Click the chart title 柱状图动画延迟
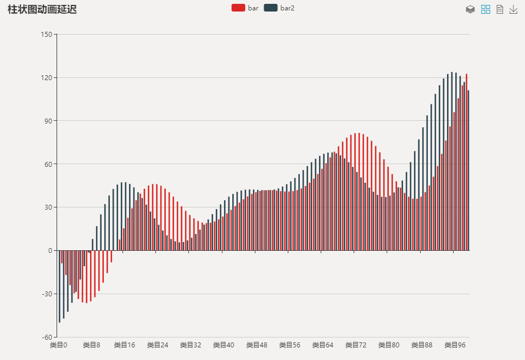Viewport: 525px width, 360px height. pos(42,9)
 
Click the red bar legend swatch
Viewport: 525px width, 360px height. pos(238,8)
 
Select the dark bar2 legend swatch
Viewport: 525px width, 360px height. pos(270,8)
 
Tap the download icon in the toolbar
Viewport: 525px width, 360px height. pos(513,9)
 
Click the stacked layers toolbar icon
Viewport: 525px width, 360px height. pos(470,9)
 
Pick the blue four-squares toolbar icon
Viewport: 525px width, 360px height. pos(485,9)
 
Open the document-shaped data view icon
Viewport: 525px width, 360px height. pos(500,9)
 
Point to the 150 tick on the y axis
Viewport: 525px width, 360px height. pos(47,35)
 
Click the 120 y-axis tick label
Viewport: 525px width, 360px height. pos(47,78)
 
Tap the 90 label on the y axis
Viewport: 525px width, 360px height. pos(48,121)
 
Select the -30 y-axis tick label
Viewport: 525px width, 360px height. pos(47,294)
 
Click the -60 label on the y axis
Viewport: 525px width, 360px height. pos(47,337)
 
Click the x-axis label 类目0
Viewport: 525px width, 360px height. pos(58,345)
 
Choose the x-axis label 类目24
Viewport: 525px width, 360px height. pos(158,345)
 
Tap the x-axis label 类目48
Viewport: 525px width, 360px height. pos(256,345)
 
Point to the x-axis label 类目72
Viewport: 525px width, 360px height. pos(356,345)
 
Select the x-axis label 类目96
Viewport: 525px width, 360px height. pos(455,345)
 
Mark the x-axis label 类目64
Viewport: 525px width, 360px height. pos(323,345)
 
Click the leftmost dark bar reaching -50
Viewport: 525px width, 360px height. pos(59,286)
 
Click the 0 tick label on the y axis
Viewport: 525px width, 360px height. pos(50,251)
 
